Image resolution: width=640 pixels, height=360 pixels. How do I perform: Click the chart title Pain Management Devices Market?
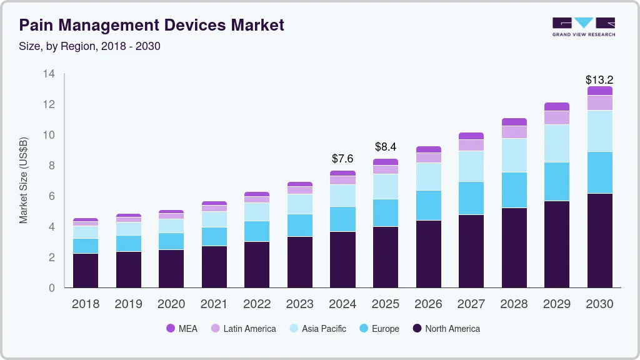pos(151,25)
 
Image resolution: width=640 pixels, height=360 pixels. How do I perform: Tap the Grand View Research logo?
pos(583,26)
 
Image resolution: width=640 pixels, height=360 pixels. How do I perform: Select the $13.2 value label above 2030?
pos(599,80)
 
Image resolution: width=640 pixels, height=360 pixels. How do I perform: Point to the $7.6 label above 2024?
pos(342,159)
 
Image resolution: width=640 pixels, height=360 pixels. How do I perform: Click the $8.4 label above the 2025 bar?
pos(386,147)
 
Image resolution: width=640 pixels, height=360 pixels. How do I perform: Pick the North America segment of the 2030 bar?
pos(599,241)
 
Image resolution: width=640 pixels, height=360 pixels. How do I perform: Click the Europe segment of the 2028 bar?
pos(514,190)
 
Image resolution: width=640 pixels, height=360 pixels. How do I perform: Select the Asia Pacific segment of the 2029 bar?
pos(556,143)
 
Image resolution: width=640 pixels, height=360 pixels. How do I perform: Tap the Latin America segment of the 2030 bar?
pos(599,103)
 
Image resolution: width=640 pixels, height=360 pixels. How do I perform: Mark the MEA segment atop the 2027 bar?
pos(471,136)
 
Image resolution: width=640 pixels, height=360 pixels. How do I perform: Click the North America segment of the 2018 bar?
pos(86,270)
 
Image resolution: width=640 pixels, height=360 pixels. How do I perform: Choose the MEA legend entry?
pos(182,328)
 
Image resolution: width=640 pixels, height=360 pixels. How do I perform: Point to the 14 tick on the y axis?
pos(49,74)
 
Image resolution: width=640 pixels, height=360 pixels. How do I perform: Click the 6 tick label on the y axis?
pos(52,196)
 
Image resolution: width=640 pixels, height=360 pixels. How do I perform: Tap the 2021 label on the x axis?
pos(214,304)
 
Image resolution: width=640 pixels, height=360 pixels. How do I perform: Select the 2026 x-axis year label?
pos(428,304)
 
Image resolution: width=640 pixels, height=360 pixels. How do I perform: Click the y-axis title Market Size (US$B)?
pos(24,181)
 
